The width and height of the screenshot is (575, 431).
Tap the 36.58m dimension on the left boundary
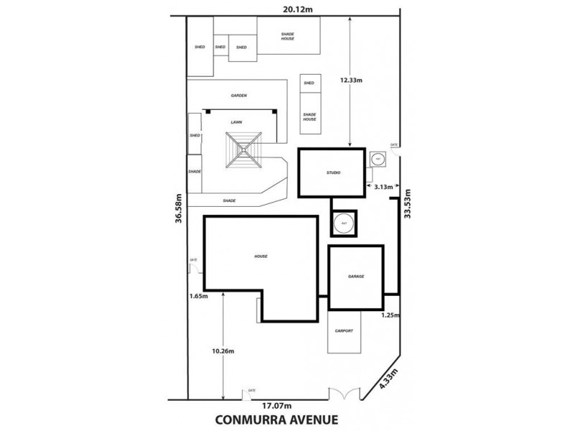click(178, 208)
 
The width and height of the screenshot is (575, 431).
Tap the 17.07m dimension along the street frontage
click(277, 404)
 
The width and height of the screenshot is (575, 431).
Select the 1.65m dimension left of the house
click(198, 295)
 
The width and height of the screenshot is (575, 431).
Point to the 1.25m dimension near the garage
click(390, 315)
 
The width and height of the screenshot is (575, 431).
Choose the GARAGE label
click(355, 276)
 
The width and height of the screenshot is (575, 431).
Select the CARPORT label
click(344, 331)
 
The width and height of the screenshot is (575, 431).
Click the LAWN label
click(236, 123)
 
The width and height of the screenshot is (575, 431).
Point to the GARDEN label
click(239, 95)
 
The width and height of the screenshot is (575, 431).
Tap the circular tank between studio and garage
click(344, 222)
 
